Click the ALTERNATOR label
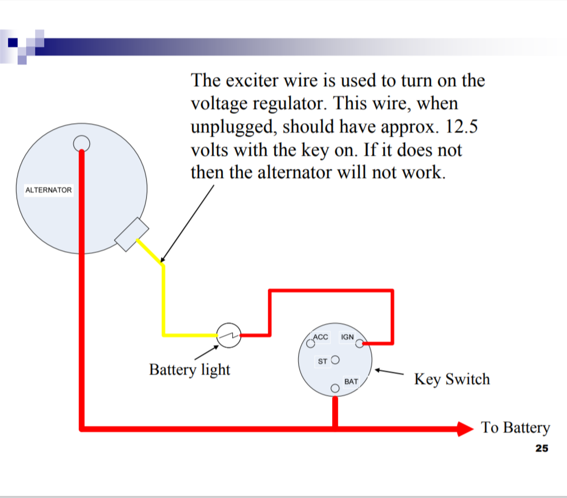pyautogui.click(x=48, y=190)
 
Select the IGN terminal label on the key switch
pyautogui.click(x=347, y=337)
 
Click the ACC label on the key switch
pyautogui.click(x=321, y=337)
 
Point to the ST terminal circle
pyautogui.click(x=335, y=360)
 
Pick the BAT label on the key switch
pyautogui.click(x=351, y=381)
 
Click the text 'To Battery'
pyautogui.click(x=515, y=427)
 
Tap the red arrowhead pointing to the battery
pyautogui.click(x=465, y=428)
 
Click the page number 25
pyautogui.click(x=541, y=449)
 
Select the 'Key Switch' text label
pyautogui.click(x=452, y=379)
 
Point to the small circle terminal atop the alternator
pyautogui.click(x=81, y=143)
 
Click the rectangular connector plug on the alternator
pyautogui.click(x=132, y=234)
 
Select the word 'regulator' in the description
pyautogui.click(x=276, y=104)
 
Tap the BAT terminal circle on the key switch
pyautogui.click(x=335, y=388)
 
